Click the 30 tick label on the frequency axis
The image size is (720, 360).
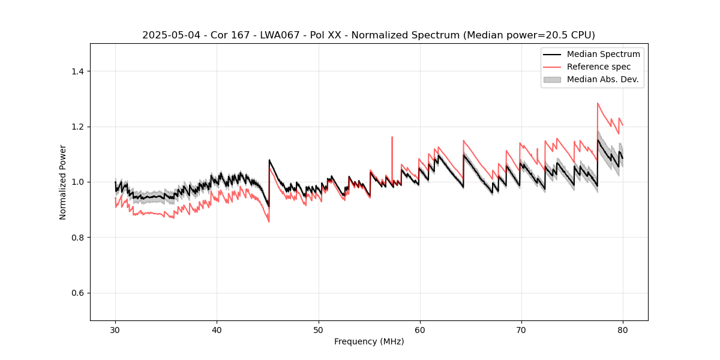[115, 330]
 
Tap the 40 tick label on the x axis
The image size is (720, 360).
[217, 330]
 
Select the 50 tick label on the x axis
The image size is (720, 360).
[318, 330]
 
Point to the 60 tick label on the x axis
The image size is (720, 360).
[419, 330]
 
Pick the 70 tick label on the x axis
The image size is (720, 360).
[521, 330]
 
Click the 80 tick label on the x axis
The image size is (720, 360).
[622, 330]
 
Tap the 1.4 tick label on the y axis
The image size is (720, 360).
[77, 71]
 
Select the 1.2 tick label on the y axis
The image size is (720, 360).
[77, 127]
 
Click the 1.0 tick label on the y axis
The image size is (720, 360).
[77, 182]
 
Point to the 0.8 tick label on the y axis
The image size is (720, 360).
[77, 238]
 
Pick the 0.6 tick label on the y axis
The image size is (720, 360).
[77, 293]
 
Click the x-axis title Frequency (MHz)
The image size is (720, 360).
[369, 341]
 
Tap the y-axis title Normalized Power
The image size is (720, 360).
[63, 182]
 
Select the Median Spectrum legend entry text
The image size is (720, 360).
[603, 54]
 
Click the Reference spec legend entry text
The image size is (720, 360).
[599, 67]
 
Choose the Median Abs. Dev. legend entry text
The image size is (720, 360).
[603, 79]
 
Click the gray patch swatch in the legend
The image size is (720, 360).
[551, 79]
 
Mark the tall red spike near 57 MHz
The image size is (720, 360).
[392, 137]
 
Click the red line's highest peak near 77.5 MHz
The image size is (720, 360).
[598, 103]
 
